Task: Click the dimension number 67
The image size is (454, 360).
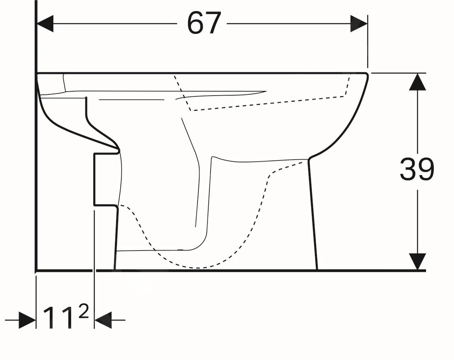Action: click(203, 23)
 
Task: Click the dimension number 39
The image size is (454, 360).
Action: click(417, 170)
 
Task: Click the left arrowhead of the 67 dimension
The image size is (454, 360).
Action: click(45, 24)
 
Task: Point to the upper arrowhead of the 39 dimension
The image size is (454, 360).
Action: click(417, 82)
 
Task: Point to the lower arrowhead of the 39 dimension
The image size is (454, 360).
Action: click(417, 261)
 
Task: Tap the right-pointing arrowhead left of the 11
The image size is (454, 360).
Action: click(27, 320)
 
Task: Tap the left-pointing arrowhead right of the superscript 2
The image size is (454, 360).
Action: click(103, 320)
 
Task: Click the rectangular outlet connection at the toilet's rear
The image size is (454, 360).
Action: click(105, 179)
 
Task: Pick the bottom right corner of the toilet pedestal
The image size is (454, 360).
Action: click(317, 270)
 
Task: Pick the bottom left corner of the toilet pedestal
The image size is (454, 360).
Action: click(115, 270)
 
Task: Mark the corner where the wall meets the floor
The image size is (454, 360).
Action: click(36, 271)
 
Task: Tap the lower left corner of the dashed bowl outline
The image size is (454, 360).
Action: click(192, 110)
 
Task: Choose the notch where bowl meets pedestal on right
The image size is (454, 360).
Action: click(308, 159)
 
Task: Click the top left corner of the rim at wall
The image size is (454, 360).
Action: click(38, 74)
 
